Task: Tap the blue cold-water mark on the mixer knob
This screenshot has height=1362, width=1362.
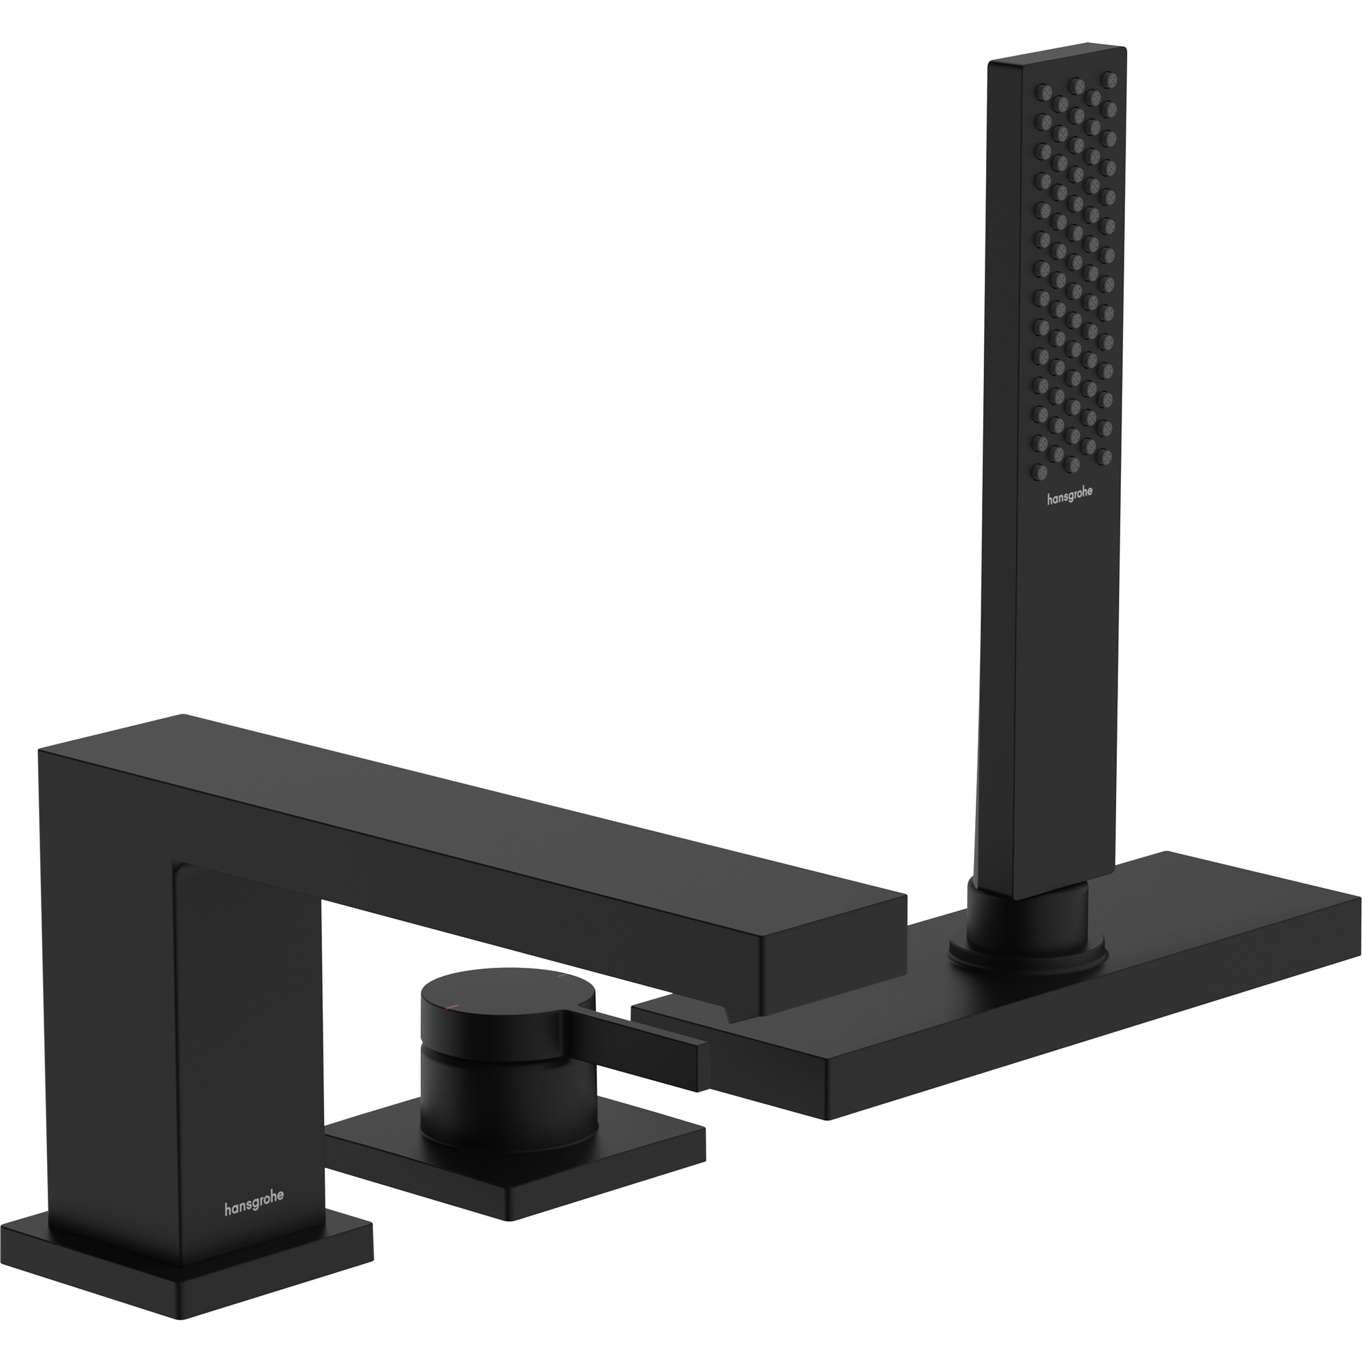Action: pyautogui.click(x=560, y=979)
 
